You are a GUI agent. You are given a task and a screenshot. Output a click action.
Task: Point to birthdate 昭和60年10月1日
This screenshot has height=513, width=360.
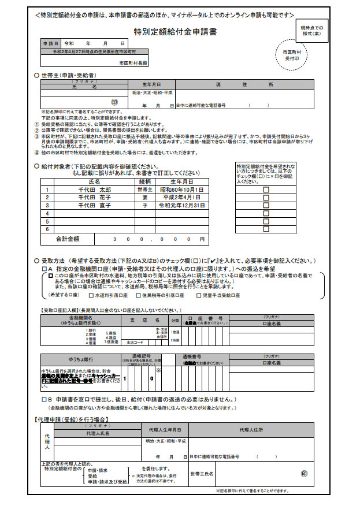(183, 189)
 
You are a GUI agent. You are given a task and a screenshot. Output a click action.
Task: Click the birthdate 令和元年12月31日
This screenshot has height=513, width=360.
(183, 205)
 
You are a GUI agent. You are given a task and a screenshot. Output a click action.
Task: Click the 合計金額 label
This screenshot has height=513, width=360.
(68, 239)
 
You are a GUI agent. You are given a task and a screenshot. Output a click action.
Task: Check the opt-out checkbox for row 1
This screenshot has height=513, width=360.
(266, 189)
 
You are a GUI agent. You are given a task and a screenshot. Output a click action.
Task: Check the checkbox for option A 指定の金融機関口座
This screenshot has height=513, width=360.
(44, 269)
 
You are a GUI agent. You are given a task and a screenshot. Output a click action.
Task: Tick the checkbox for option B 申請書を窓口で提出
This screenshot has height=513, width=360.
(44, 399)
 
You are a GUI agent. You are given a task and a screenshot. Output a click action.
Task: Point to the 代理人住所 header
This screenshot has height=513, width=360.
(251, 430)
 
